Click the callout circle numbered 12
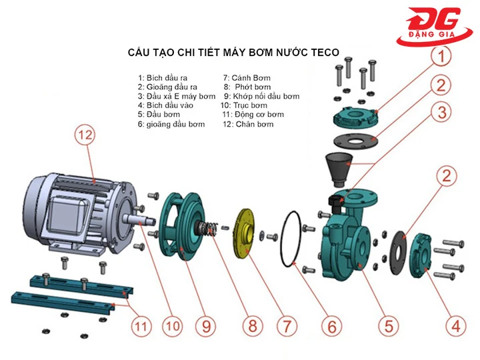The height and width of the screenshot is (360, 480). coord(84,135)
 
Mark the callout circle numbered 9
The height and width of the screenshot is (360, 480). coord(206,327)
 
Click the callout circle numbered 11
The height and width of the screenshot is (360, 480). coord(139,327)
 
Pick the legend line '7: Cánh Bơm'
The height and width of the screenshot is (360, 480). coord(248,77)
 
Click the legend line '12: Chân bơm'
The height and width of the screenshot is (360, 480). coord(248,124)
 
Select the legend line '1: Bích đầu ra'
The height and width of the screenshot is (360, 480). coord(163,77)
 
